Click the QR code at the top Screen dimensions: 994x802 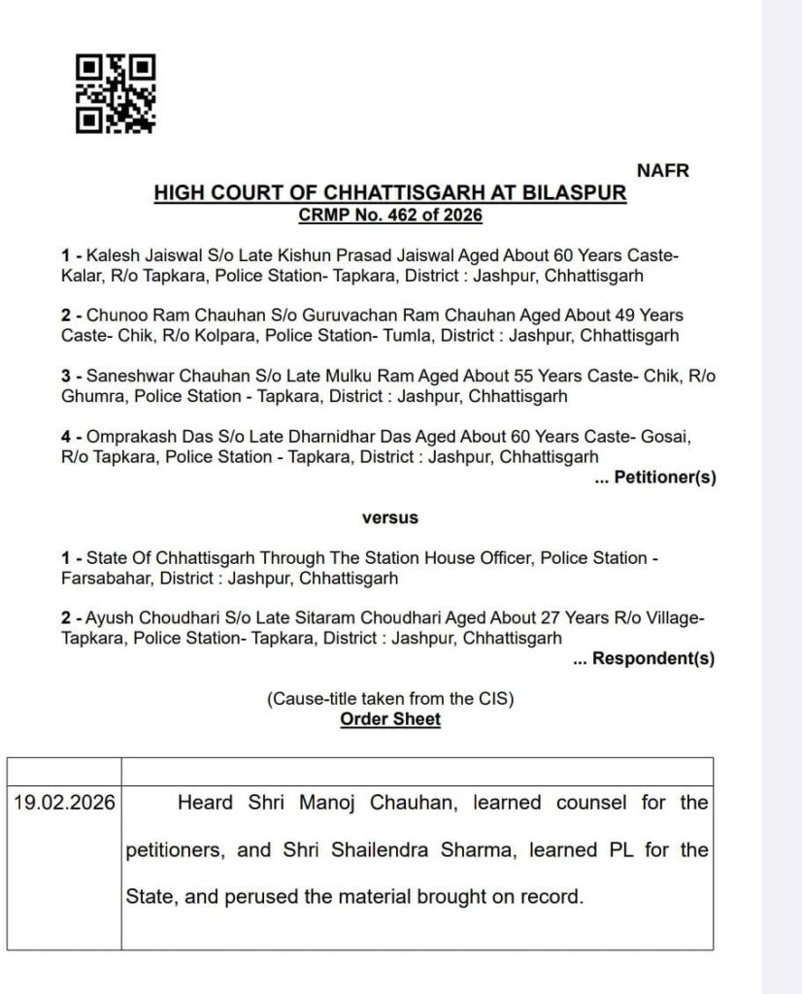tap(116, 93)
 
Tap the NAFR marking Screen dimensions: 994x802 tap(662, 171)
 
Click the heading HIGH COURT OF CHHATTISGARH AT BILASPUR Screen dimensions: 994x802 tap(390, 193)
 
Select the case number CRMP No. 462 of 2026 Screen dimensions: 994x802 tap(390, 215)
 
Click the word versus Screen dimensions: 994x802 tap(389, 517)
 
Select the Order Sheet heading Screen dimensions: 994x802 tap(389, 719)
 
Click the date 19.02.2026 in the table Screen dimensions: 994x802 tap(64, 803)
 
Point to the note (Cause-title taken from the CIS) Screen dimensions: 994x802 tap(389, 699)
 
